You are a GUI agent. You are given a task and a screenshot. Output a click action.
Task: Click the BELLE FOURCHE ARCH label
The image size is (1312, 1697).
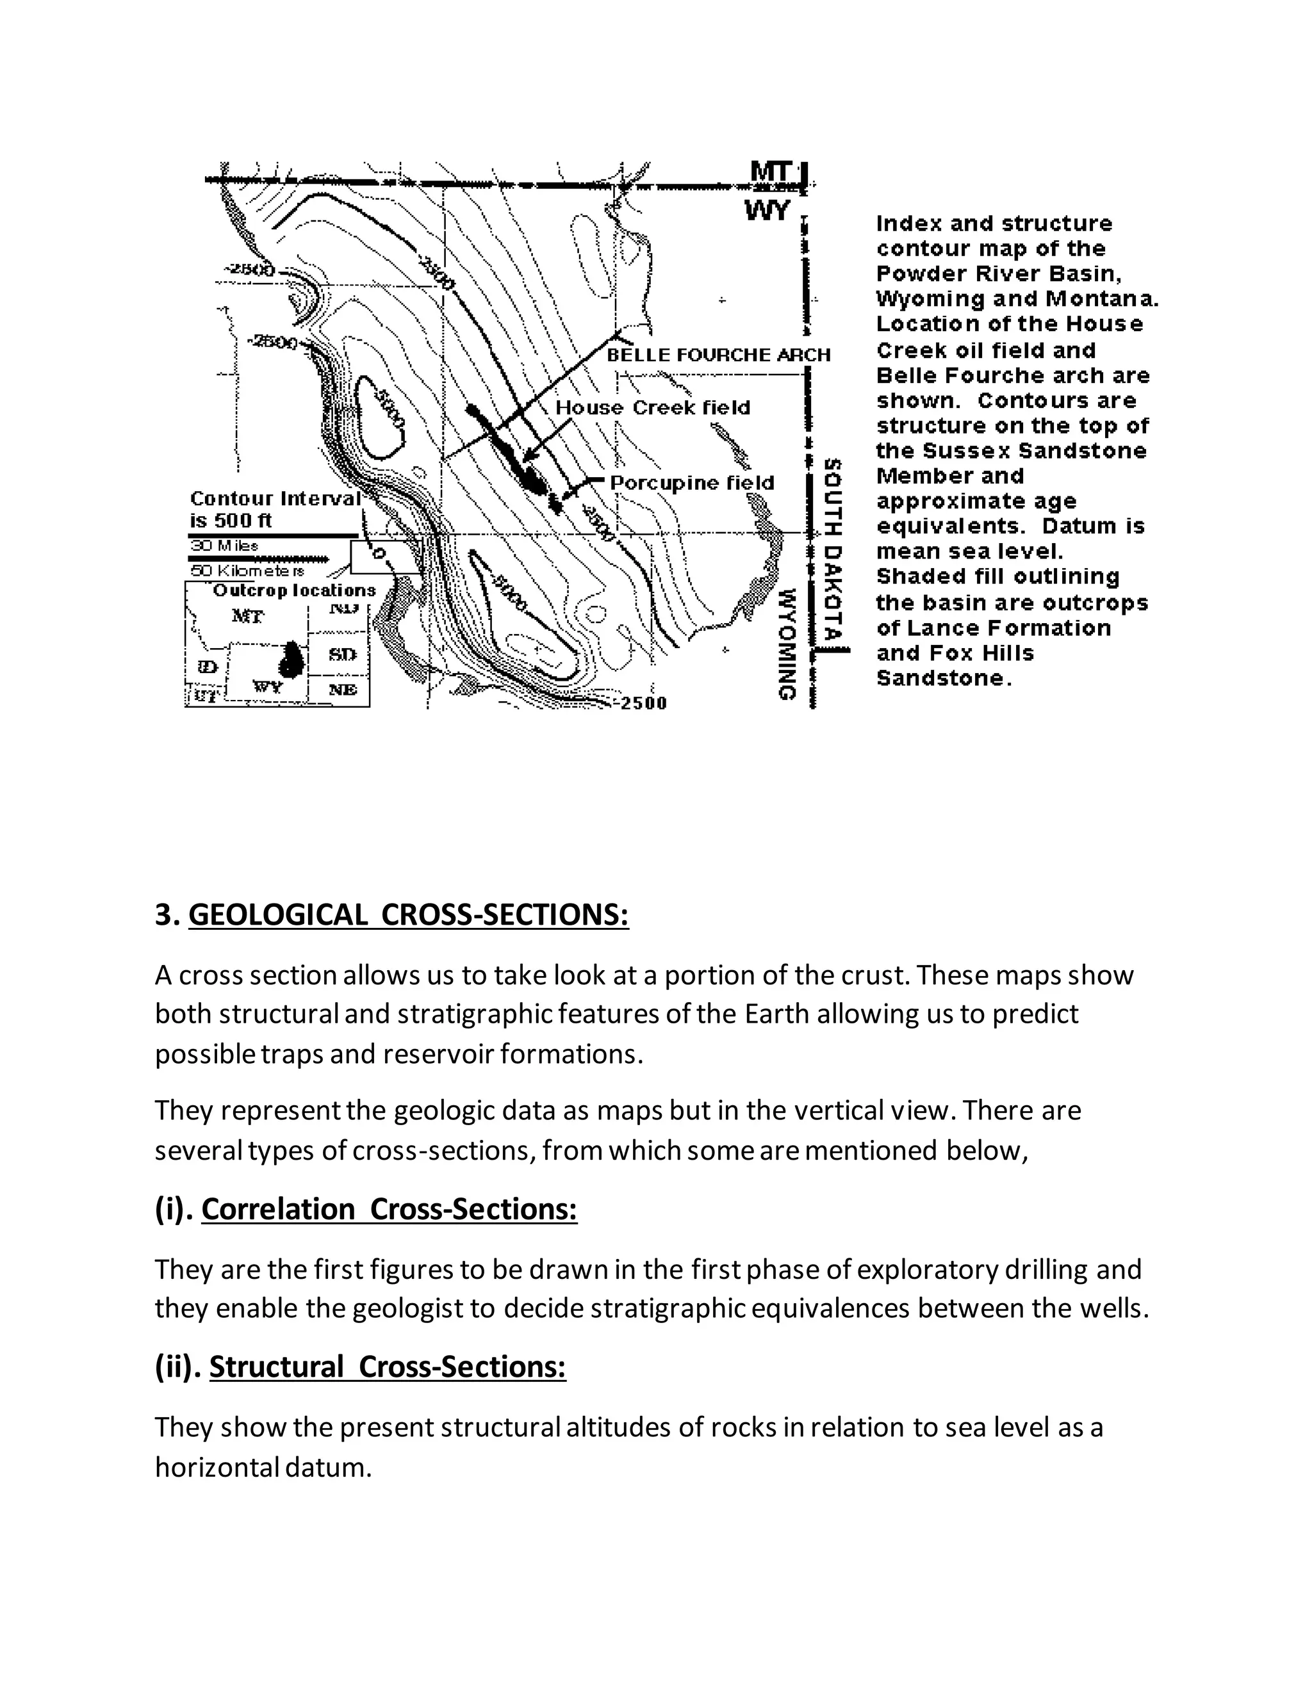718,355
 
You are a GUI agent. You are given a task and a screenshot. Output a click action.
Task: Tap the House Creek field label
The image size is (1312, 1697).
652,408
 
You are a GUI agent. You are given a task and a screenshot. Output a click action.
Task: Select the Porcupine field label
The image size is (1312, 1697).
692,483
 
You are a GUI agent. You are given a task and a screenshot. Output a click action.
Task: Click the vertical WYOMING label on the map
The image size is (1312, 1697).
787,644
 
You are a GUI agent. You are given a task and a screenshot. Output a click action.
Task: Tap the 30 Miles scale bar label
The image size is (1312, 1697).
225,546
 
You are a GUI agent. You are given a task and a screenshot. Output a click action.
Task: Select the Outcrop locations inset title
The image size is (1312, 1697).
294,590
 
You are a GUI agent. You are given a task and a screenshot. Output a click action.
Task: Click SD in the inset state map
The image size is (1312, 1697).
342,654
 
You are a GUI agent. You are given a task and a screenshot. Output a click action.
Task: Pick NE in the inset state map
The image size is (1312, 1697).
343,689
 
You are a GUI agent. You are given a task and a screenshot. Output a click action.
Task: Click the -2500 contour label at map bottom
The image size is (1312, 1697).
642,703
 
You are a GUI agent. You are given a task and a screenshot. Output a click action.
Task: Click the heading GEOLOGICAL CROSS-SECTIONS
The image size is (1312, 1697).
408,914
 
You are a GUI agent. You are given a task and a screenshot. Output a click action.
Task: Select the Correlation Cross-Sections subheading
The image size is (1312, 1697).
389,1210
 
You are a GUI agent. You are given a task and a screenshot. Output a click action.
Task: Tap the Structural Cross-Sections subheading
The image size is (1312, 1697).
387,1367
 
